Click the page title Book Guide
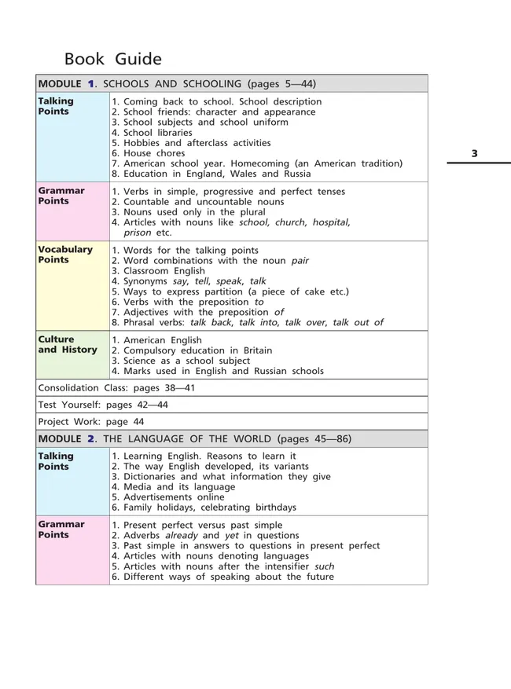(x=112, y=59)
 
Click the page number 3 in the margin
(x=474, y=153)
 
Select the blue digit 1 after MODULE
(x=90, y=83)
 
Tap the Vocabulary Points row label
(x=65, y=255)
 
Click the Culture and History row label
(x=68, y=345)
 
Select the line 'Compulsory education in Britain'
(x=192, y=350)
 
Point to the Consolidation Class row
(x=116, y=388)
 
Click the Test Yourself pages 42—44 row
(x=103, y=405)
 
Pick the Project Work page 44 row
(x=91, y=421)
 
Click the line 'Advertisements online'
(x=173, y=497)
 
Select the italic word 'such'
(x=324, y=566)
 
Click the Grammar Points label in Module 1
(x=61, y=196)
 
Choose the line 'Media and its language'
(x=174, y=487)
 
